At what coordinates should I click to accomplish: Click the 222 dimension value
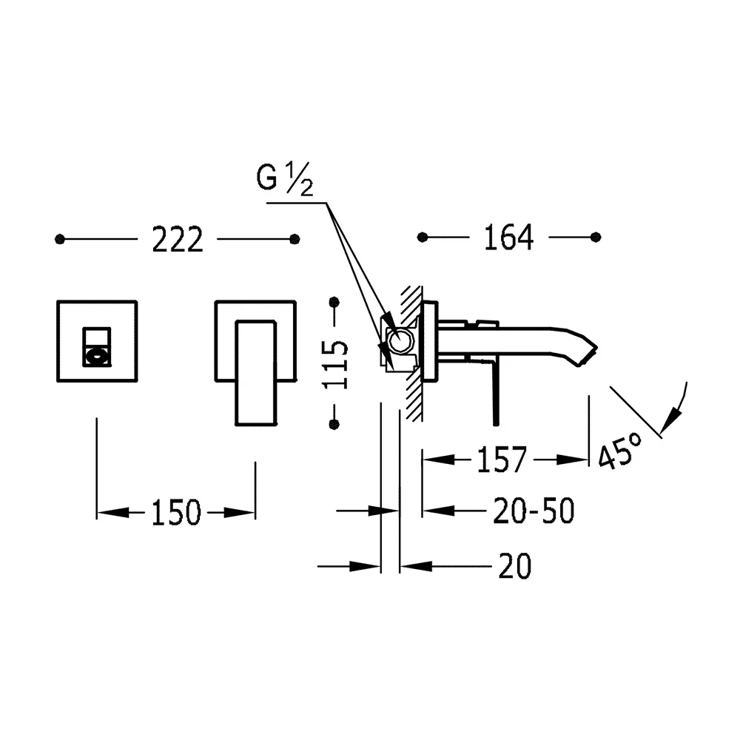pos(178,240)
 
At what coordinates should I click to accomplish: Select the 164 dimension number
pos(509,237)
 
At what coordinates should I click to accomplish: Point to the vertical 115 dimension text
pos(335,364)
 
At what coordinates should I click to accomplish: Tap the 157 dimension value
pos(502,460)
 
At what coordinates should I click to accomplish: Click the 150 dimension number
pos(176,513)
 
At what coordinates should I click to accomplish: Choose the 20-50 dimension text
pos(534,511)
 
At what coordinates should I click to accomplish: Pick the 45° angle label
pos(620,451)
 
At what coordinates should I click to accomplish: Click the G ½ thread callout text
pos(285,178)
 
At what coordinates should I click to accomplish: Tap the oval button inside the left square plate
pos(97,357)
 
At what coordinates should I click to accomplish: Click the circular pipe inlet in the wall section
pos(400,341)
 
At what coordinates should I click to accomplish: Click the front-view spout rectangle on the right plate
pos(255,373)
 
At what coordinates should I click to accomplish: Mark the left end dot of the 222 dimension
pos(59,239)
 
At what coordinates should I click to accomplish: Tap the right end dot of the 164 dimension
pos(596,237)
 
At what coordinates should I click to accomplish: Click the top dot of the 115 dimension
pos(334,302)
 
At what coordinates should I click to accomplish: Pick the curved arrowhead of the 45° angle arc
pos(670,419)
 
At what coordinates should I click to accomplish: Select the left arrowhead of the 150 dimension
pos(112,513)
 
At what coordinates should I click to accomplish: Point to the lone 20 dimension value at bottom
pos(515,566)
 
